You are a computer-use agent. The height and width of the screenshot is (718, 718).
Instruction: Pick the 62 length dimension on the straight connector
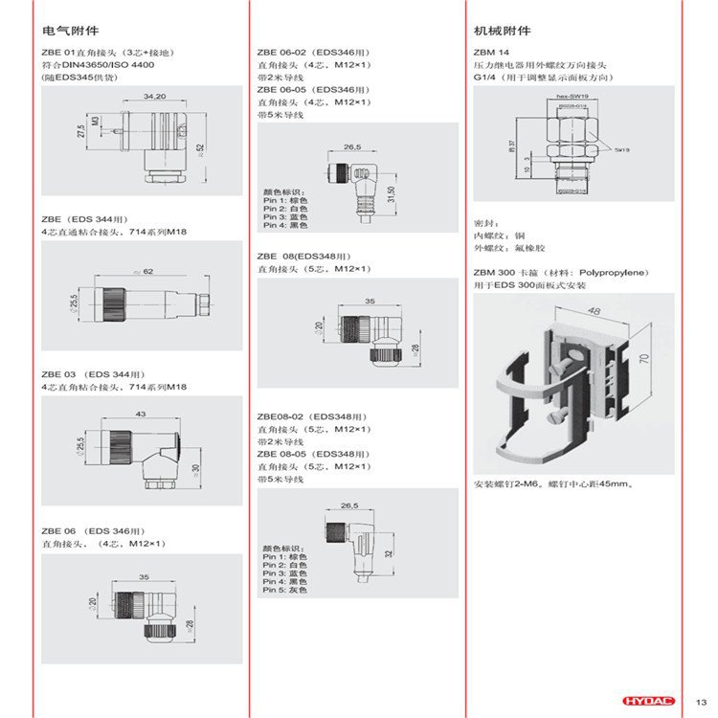pyautogui.click(x=148, y=273)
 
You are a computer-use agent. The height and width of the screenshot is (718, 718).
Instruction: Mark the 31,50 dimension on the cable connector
pyautogui.click(x=390, y=194)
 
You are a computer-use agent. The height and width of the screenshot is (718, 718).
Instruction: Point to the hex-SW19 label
pyautogui.click(x=571, y=98)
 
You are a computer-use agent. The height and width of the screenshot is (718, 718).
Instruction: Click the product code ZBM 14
pyautogui.click(x=492, y=51)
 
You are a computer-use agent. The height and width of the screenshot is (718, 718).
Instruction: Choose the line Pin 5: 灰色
pyautogui.click(x=284, y=590)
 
